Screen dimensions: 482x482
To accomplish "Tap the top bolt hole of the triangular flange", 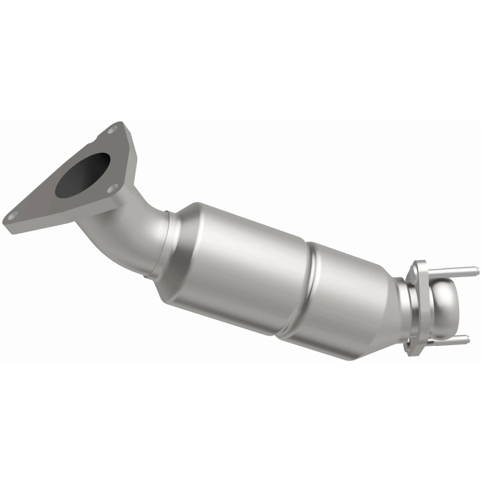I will pos(112,129).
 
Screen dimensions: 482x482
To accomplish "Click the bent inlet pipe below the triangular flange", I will pos(130,232).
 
